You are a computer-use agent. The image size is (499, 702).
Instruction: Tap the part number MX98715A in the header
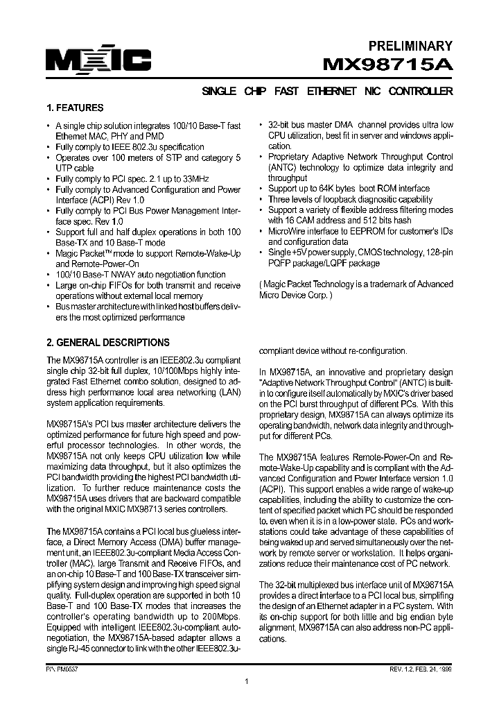pyautogui.click(x=389, y=65)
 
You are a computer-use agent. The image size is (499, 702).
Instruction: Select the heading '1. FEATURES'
pyautogui.click(x=75, y=108)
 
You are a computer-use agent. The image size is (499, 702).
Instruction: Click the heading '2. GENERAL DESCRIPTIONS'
pyautogui.click(x=107, y=343)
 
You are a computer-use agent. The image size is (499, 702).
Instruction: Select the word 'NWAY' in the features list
pyautogui.click(x=119, y=275)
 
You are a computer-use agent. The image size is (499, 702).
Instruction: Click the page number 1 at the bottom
pyautogui.click(x=247, y=682)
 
